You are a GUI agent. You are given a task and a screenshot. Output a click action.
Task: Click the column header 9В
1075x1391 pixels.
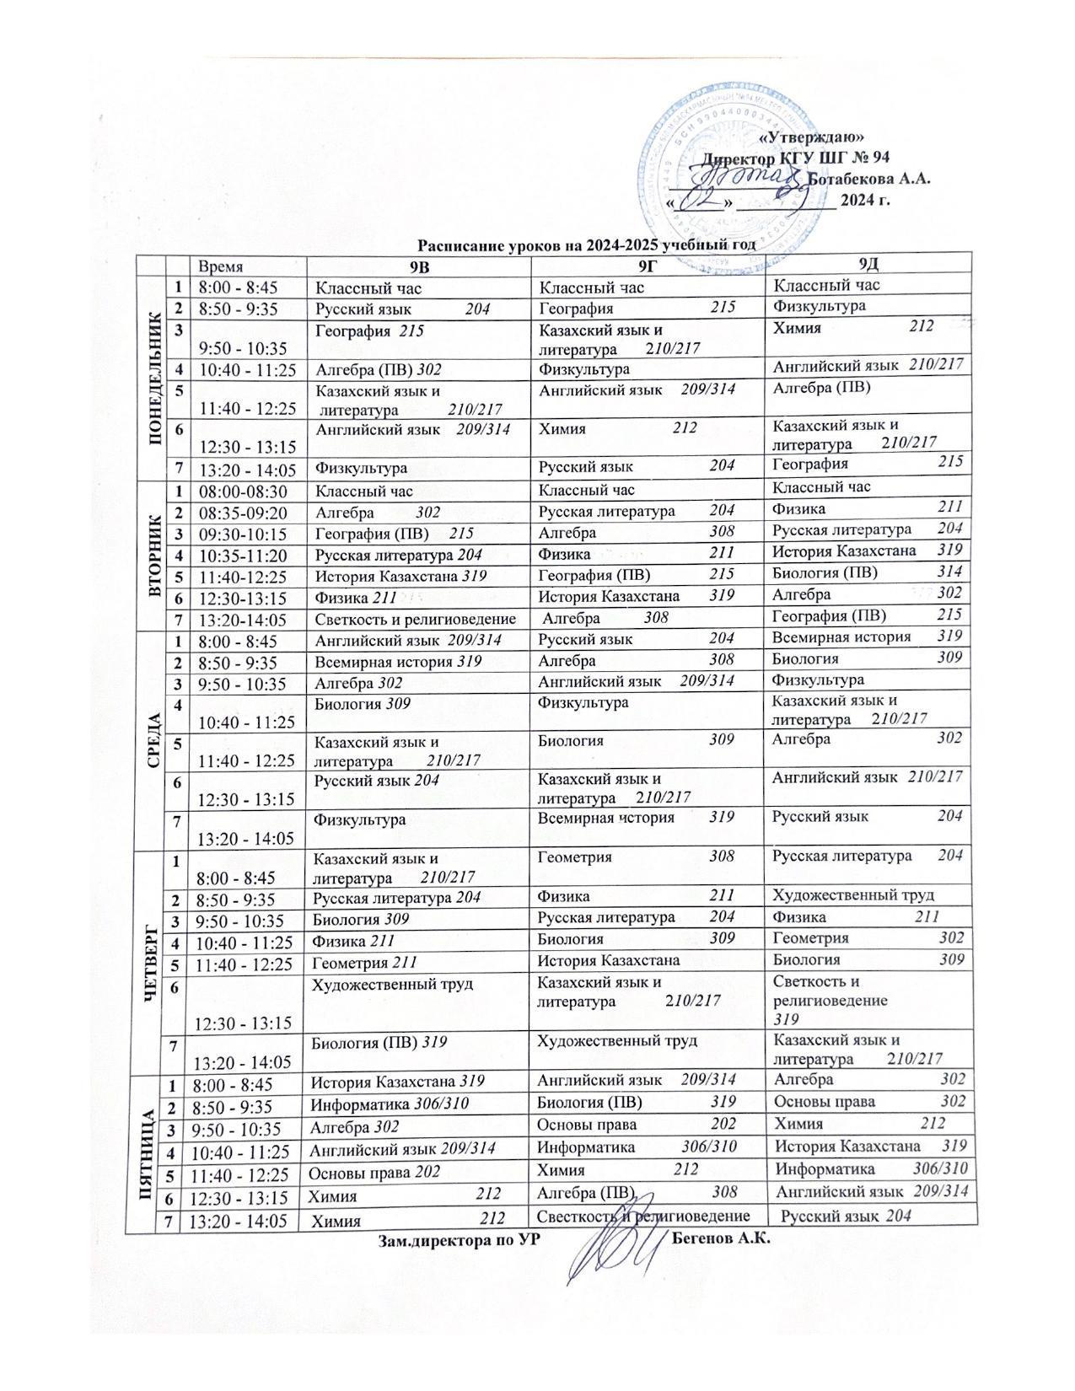click(x=418, y=266)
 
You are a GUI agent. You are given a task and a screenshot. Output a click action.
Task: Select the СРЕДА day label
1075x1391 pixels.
click(x=154, y=739)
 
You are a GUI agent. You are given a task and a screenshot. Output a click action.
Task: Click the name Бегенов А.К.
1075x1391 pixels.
click(x=722, y=1240)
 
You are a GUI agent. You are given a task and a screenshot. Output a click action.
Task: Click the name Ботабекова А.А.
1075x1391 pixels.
click(x=868, y=179)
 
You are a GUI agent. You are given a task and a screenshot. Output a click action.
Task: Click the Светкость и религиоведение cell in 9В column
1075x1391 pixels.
click(x=415, y=620)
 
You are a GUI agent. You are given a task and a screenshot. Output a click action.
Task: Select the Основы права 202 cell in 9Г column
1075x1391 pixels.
click(x=637, y=1125)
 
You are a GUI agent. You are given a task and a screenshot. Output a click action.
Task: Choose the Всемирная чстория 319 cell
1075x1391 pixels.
click(x=637, y=817)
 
